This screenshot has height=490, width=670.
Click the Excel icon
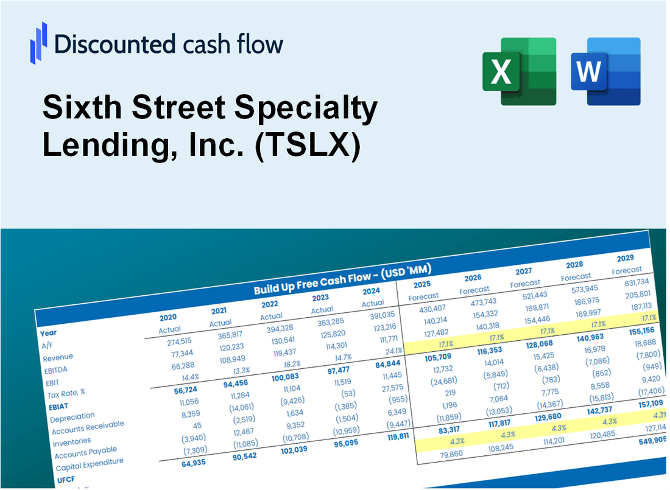click(x=519, y=71)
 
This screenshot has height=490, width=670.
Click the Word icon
click(x=605, y=71)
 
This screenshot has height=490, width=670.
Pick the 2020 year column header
click(x=168, y=317)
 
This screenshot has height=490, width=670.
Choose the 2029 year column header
click(x=624, y=258)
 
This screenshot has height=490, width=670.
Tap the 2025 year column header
click(x=421, y=284)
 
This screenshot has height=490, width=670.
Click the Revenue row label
click(x=58, y=357)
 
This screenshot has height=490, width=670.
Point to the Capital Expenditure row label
click(x=89, y=465)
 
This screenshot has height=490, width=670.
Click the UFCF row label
click(x=66, y=481)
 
